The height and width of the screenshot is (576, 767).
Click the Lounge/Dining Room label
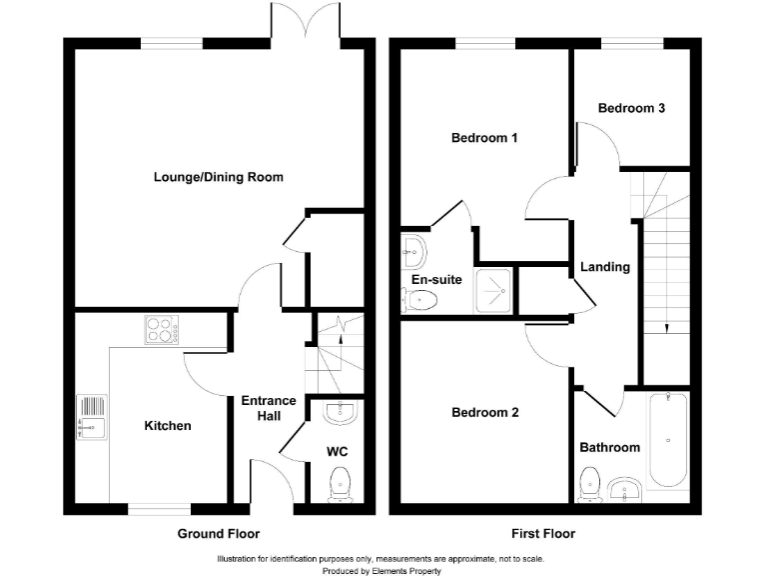[218, 177]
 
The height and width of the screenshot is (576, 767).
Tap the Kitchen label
[168, 426]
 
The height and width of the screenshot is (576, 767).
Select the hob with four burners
[162, 330]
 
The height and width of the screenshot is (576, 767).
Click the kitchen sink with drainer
[92, 417]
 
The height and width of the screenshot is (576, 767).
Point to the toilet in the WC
[340, 484]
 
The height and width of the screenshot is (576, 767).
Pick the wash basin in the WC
[341, 412]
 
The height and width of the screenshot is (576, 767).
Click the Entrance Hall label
[269, 408]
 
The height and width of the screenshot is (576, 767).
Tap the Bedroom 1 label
[484, 138]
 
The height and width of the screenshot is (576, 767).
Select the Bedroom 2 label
[484, 412]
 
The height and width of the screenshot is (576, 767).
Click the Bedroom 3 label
[631, 108]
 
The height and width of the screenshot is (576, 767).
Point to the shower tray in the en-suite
[493, 291]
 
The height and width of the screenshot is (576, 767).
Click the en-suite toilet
[418, 300]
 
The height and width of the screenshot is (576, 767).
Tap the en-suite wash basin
[413, 252]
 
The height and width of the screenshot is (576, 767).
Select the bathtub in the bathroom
[668, 440]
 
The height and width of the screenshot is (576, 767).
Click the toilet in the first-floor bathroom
[589, 485]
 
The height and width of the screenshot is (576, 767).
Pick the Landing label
[605, 267]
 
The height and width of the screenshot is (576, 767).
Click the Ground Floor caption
[218, 533]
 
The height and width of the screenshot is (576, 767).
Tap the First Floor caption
[543, 533]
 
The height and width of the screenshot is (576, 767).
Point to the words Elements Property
[406, 571]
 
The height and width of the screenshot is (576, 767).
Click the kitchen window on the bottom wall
[160, 509]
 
